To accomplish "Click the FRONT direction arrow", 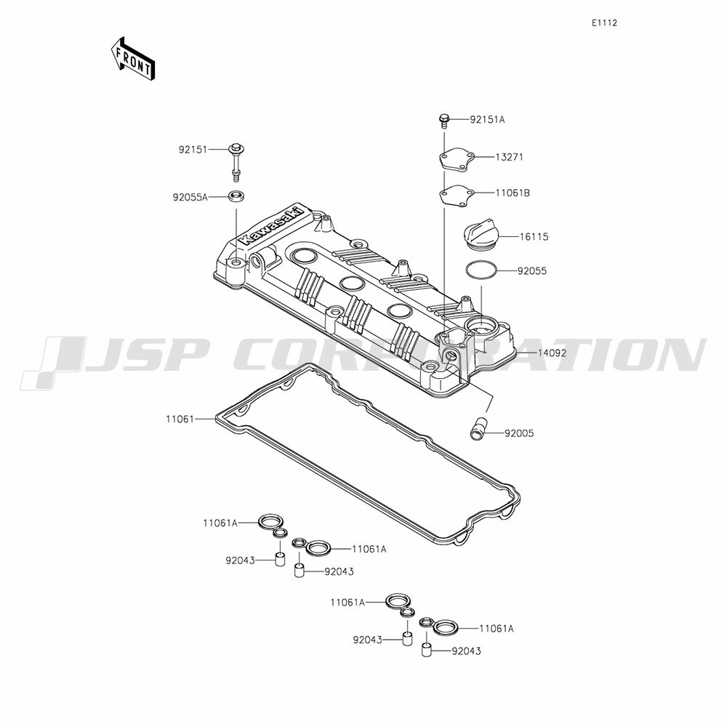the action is [132, 58].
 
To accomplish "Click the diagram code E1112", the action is [604, 23].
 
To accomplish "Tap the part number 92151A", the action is [487, 120].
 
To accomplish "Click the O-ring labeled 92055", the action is [481, 270].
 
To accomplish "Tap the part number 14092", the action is [553, 353].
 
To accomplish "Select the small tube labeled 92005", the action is [477, 428].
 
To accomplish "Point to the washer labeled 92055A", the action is [236, 195].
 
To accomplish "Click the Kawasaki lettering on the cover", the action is [273, 226].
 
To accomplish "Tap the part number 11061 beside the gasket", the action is [180, 419].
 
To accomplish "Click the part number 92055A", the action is [190, 197].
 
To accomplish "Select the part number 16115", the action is [534, 237].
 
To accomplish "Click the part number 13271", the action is [509, 157].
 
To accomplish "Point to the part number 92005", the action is [519, 433].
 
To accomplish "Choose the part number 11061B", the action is [513, 193].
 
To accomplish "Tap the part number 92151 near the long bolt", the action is [193, 150].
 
